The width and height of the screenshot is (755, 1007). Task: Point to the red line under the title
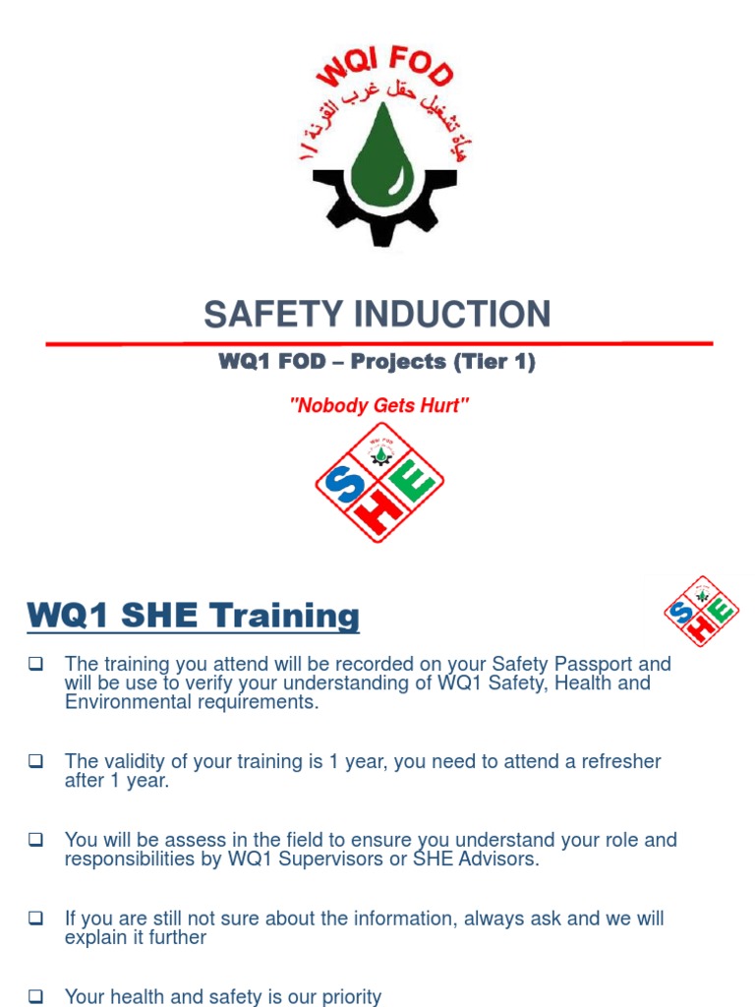coord(379,343)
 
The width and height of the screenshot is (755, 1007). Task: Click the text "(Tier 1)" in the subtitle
coord(494,362)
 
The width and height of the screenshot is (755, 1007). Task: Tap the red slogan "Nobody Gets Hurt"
coord(378,406)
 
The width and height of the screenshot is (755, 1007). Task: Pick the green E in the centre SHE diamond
coord(415,486)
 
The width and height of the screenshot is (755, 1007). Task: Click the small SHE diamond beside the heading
coord(701,612)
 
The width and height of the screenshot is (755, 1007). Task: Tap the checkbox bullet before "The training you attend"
coord(36,664)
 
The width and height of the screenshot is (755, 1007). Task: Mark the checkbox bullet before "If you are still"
coord(36,918)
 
